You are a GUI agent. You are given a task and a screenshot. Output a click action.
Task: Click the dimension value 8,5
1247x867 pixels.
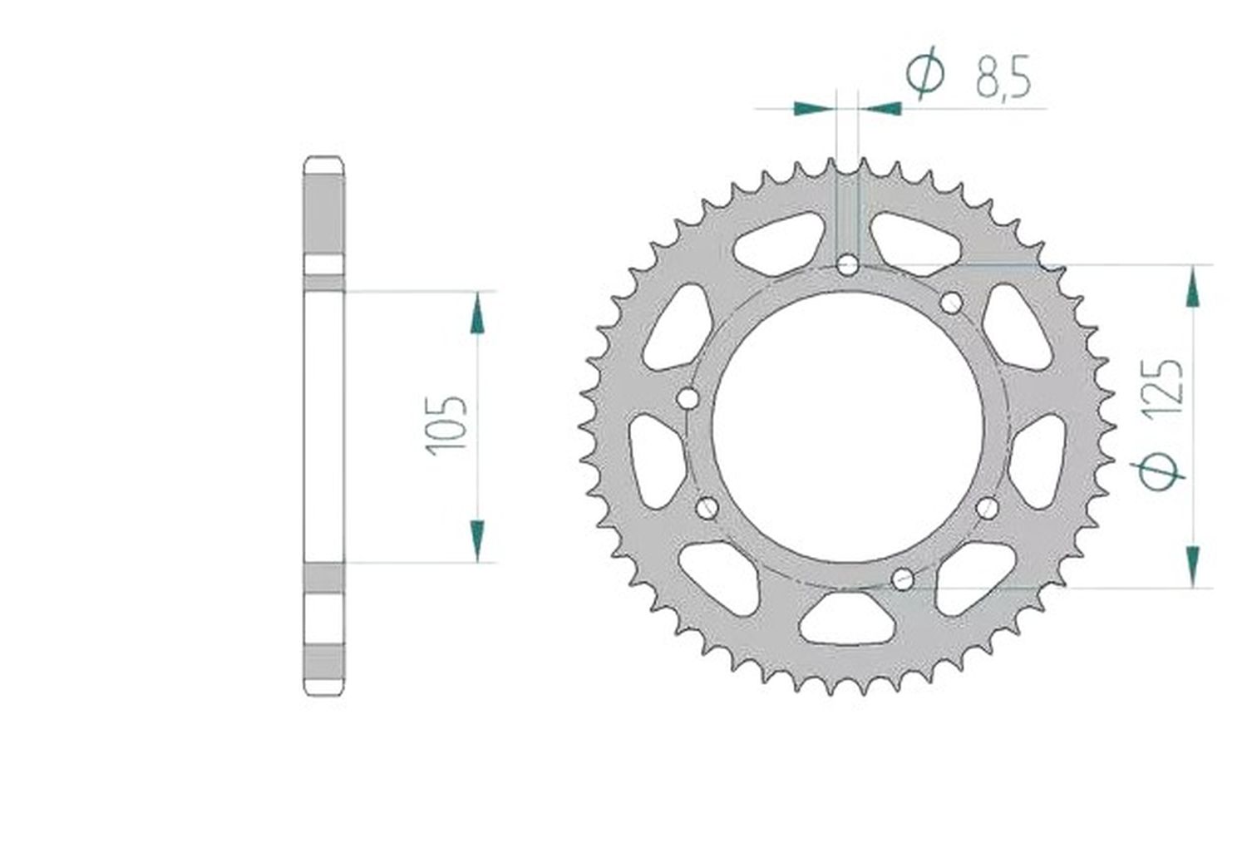click(x=1003, y=77)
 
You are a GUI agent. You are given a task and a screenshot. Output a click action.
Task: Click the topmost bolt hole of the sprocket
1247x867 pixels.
click(x=847, y=265)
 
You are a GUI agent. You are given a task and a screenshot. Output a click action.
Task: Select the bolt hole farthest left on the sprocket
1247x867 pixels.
click(x=688, y=398)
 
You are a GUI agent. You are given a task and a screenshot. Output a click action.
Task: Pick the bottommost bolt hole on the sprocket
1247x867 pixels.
click(x=902, y=579)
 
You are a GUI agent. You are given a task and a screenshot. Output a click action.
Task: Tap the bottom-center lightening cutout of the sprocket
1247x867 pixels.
click(x=847, y=618)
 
